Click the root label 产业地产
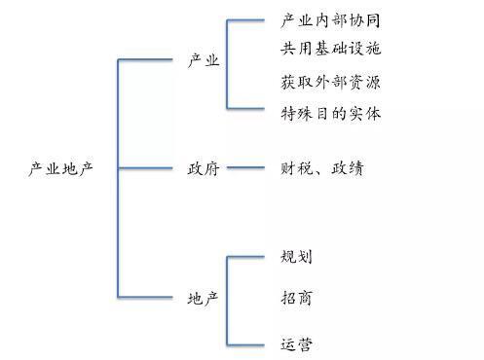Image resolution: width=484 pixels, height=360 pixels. [x=60, y=168]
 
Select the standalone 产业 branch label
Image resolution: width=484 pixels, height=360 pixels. [x=204, y=61]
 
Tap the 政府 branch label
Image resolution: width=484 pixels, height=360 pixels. [x=204, y=168]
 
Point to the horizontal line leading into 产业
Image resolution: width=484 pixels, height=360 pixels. [x=146, y=60]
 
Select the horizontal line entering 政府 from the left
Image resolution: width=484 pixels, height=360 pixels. [x=146, y=167]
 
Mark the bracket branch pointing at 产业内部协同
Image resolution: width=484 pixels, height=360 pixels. [x=247, y=19]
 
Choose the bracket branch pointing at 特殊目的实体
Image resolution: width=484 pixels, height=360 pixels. [x=247, y=107]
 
